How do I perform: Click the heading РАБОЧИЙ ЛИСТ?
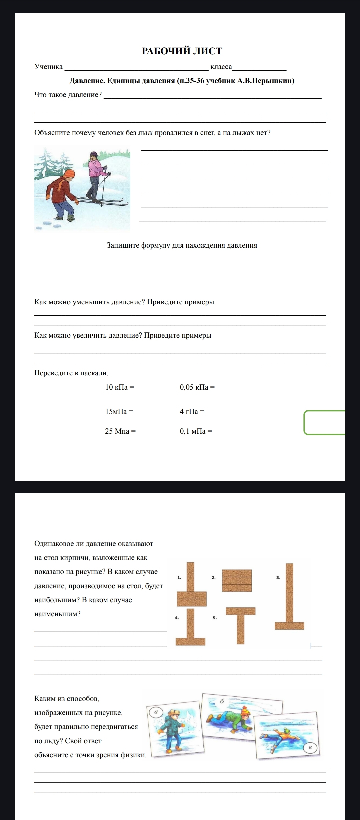(x=182, y=51)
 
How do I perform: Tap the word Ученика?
(x=48, y=67)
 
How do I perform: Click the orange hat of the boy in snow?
(x=69, y=174)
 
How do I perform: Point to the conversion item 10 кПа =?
(x=119, y=387)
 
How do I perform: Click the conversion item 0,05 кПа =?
(x=197, y=387)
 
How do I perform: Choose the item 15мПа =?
(x=119, y=411)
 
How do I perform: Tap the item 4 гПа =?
(x=192, y=411)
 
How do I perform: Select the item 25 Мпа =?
(x=120, y=431)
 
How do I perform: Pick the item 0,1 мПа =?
(x=196, y=431)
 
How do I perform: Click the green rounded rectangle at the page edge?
(x=324, y=422)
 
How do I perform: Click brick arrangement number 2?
(x=237, y=580)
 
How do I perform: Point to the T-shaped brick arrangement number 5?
(x=240, y=625)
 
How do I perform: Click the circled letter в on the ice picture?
(x=310, y=748)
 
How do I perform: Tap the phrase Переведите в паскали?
(x=71, y=373)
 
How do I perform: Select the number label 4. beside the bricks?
(x=177, y=618)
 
